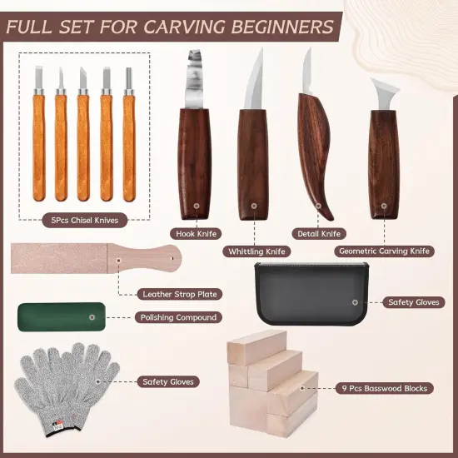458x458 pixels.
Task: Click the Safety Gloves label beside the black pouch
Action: [x=412, y=302]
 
